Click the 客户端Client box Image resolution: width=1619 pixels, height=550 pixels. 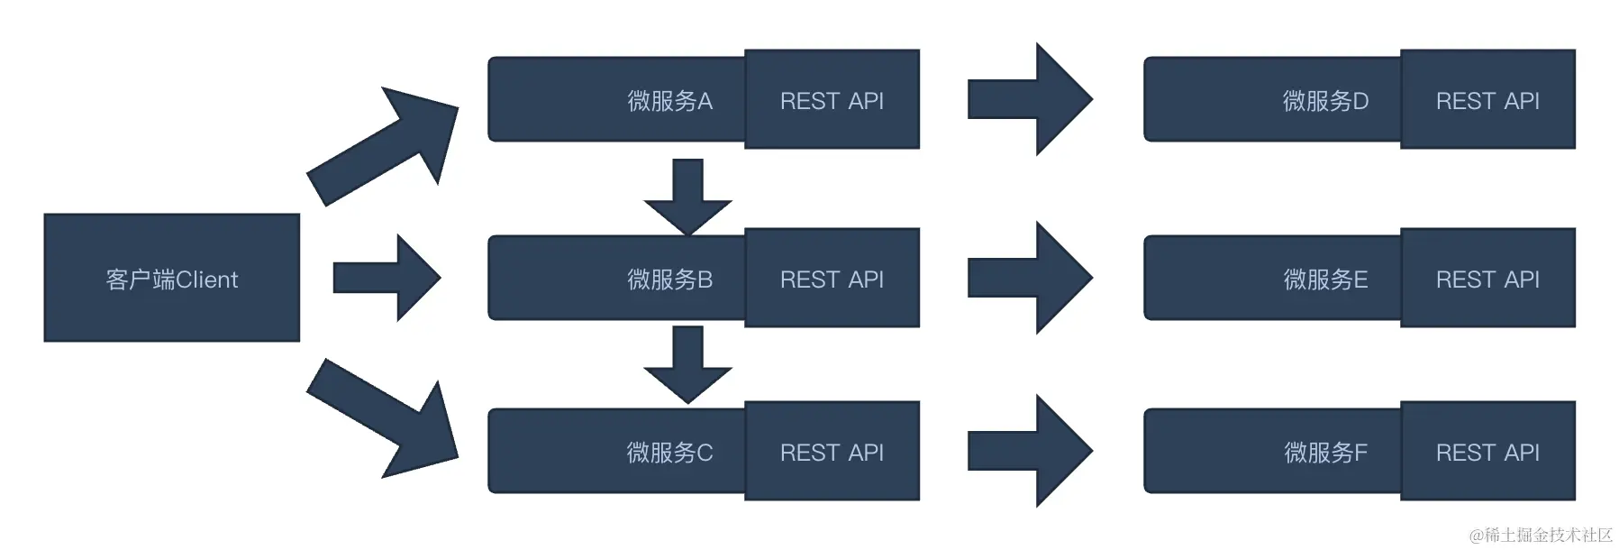(x=171, y=278)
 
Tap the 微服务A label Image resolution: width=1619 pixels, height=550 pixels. (x=669, y=101)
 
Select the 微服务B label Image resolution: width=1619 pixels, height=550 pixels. (x=669, y=280)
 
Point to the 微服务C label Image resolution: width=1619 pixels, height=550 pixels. (x=669, y=453)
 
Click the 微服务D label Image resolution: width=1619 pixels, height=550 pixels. (x=1325, y=101)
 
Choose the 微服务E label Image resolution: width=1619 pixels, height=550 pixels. (x=1325, y=280)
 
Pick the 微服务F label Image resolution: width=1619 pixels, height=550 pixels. (x=1325, y=453)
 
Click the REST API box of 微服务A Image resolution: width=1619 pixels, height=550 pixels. (x=832, y=100)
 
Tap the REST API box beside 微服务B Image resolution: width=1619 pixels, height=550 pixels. (x=832, y=279)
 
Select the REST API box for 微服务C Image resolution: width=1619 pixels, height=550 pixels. (x=832, y=452)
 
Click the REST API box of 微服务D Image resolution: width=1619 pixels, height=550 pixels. (x=1487, y=100)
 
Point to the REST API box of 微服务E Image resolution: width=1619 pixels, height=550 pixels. (x=1487, y=279)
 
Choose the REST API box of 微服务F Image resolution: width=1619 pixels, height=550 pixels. (x=1487, y=452)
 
